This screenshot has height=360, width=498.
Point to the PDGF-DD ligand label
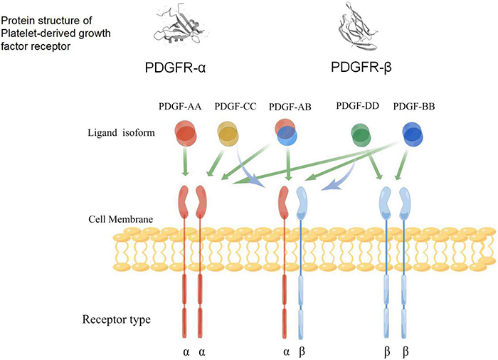358,107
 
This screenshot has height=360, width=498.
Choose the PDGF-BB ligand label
415,107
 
